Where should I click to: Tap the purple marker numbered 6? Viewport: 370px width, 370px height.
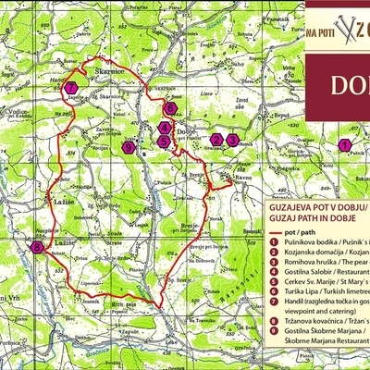tap(170, 108)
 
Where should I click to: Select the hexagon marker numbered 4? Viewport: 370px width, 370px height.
tap(164, 128)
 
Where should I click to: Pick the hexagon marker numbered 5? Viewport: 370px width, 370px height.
tap(164, 142)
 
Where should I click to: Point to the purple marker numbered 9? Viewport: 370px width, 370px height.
tap(129, 147)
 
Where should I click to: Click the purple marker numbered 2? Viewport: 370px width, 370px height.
tap(216, 140)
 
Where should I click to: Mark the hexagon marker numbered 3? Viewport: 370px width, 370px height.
tap(234, 140)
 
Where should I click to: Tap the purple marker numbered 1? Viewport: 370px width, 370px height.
tap(344, 145)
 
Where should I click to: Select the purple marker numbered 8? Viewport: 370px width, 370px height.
tap(36, 248)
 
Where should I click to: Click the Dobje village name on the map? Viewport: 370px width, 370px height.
tap(184, 130)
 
